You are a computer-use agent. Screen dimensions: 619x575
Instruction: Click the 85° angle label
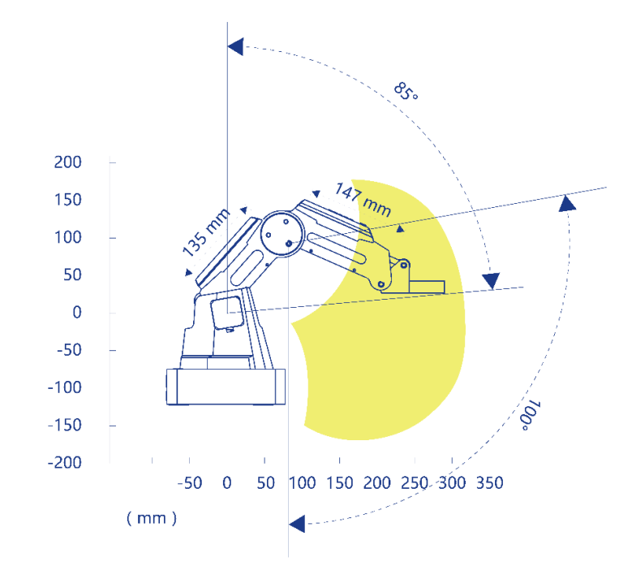pyautogui.click(x=406, y=91)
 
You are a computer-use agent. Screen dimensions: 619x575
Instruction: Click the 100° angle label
pyautogui.click(x=530, y=416)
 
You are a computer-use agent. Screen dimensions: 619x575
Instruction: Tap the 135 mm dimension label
pyautogui.click(x=206, y=232)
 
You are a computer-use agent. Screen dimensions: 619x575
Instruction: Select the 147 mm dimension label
pyautogui.click(x=363, y=200)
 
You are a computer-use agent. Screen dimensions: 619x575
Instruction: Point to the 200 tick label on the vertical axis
pyautogui.click(x=67, y=162)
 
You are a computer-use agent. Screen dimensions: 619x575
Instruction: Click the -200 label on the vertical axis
pyautogui.click(x=64, y=462)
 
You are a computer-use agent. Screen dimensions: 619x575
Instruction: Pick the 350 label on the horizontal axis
pyautogui.click(x=489, y=483)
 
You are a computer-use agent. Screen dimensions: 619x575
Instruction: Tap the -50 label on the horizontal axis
pyautogui.click(x=190, y=483)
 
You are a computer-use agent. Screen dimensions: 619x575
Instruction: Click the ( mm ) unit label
pyautogui.click(x=152, y=518)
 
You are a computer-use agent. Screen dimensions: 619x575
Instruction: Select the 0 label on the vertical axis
pyautogui.click(x=77, y=313)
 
